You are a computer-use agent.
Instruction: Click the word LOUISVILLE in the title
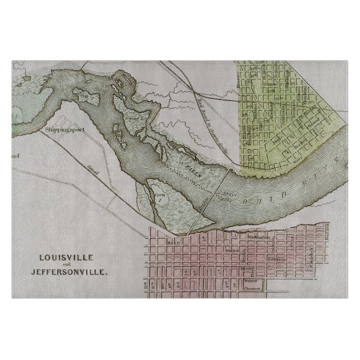coord(63,258)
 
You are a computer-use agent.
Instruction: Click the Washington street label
coord(258,236)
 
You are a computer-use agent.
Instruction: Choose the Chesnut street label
coord(253,289)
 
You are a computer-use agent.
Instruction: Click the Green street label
coord(245,268)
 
